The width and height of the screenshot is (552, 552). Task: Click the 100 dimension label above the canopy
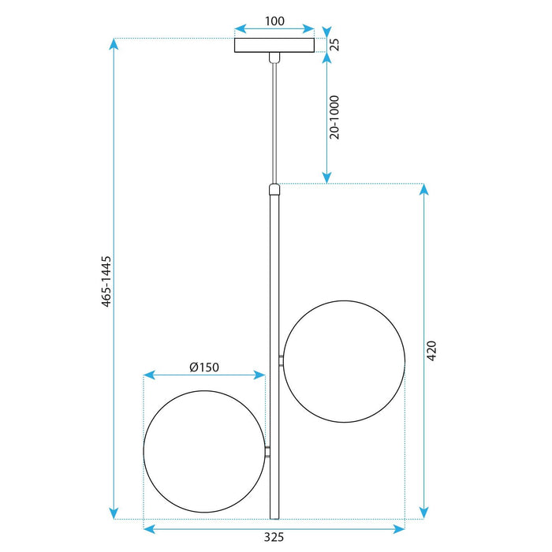point(274,21)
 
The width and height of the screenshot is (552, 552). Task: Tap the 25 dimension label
point(335,44)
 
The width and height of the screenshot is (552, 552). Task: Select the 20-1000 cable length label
point(334,117)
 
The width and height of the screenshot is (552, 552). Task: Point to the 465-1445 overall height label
point(106,282)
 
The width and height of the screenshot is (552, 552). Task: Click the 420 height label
point(431,351)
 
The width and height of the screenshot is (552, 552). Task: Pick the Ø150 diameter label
point(204,367)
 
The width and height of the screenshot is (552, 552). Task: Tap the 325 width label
point(274,537)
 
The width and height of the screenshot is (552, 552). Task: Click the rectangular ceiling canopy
point(274,46)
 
